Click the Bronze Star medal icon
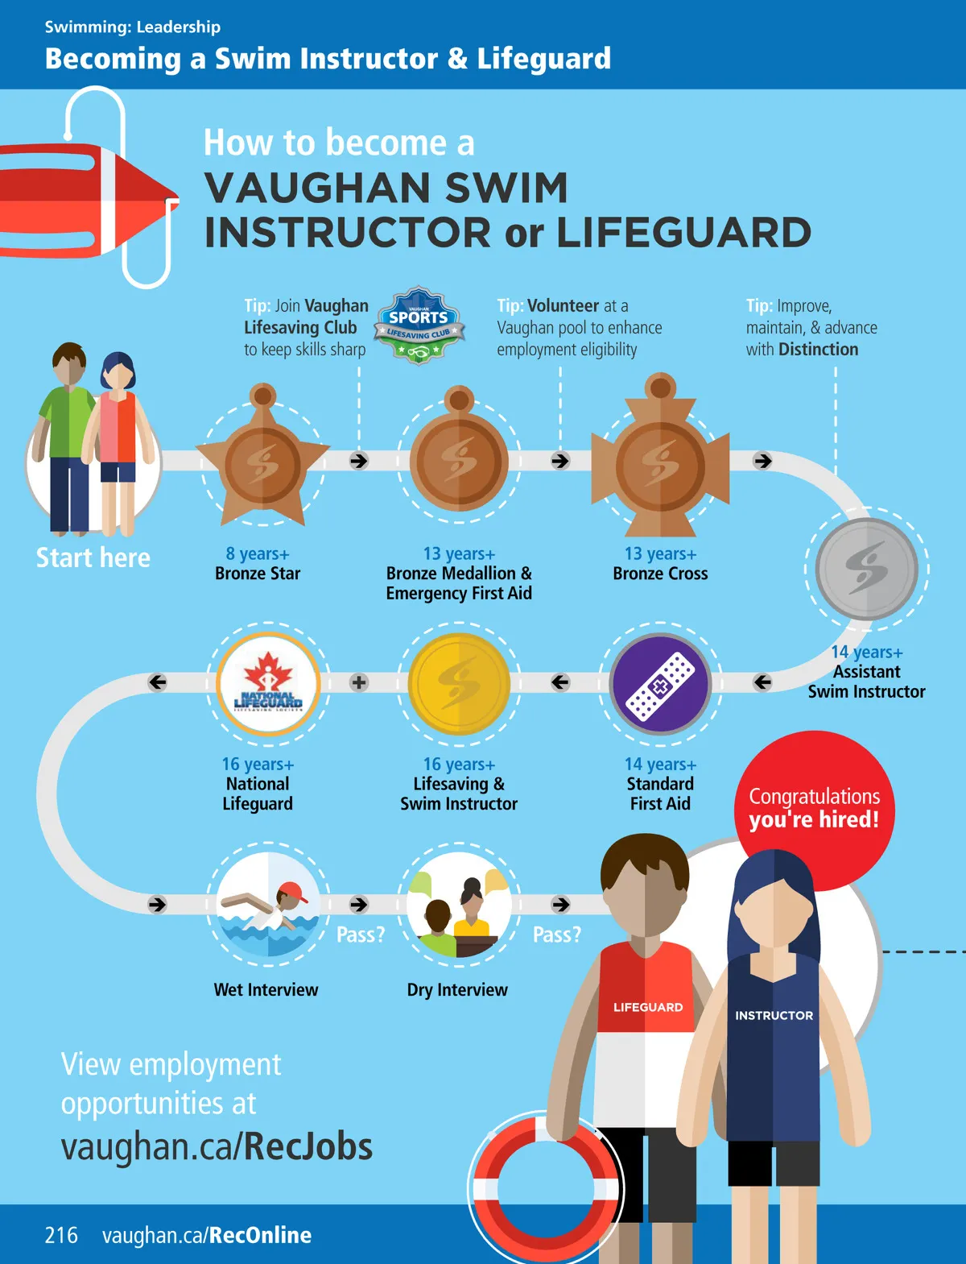coord(262,462)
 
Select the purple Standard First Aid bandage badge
coord(660,683)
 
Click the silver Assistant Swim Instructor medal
coord(866,569)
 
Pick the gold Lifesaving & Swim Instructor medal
coord(459,683)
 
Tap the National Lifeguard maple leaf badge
coord(268,683)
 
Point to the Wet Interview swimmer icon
coord(268,904)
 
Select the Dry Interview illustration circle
coord(459,904)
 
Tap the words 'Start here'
coord(93,557)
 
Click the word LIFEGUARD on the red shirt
coord(648,1007)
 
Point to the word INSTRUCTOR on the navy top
coord(774,1015)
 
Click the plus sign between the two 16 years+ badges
coord(359,682)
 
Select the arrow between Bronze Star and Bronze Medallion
coord(359,461)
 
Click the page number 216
coord(61,1235)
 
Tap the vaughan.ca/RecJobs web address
coord(217,1146)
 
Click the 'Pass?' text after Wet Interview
coord(360,935)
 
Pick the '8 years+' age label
coord(258,553)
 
